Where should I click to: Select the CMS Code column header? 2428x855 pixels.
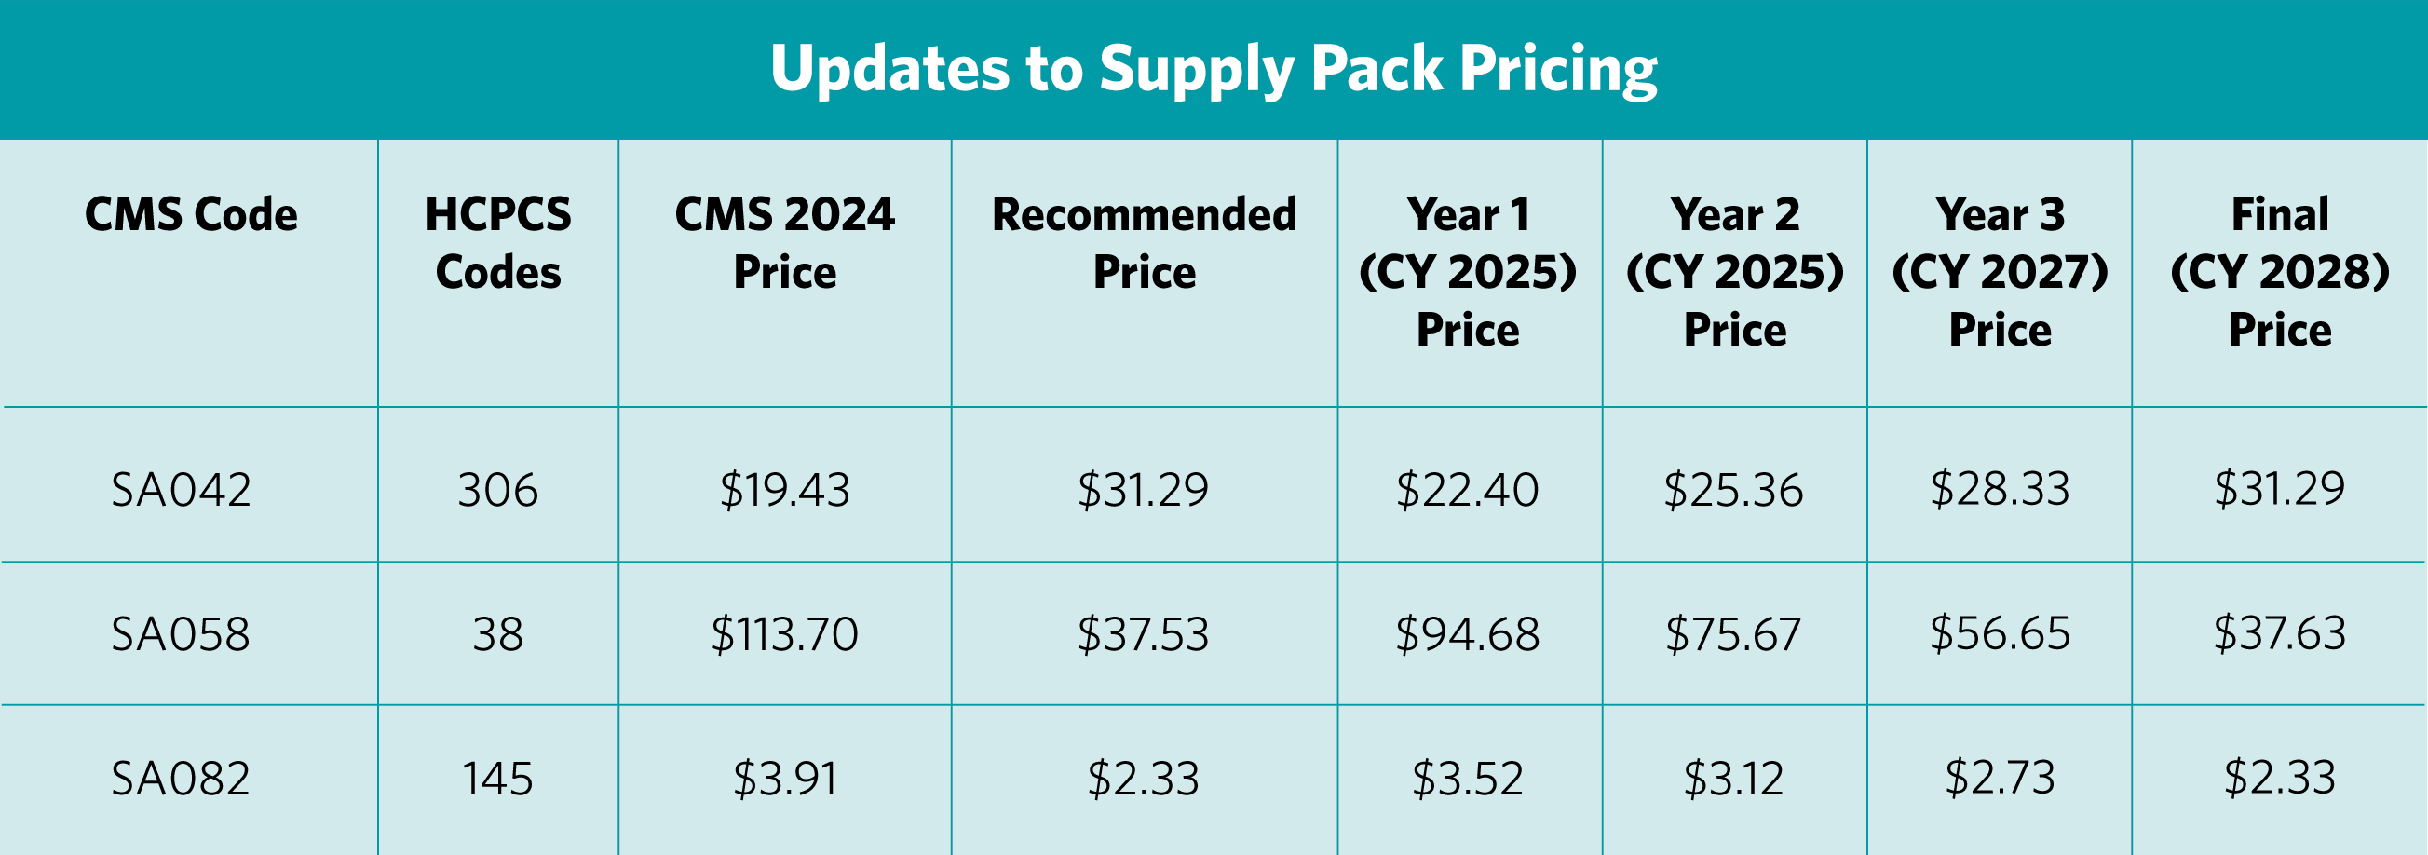(191, 215)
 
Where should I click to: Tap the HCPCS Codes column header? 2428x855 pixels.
(497, 243)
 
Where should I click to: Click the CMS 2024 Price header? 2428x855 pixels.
(784, 243)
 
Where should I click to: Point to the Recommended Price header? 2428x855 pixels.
(1145, 243)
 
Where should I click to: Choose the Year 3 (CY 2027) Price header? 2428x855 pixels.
(2000, 271)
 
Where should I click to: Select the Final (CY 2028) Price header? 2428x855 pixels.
(2279, 271)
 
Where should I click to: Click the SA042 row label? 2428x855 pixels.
(181, 490)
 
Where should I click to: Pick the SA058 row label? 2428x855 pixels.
(181, 633)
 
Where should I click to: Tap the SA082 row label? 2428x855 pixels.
(181, 779)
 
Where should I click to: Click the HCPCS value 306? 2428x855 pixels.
(497, 490)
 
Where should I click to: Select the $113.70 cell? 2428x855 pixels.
(784, 633)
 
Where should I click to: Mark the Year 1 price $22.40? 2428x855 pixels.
(1467, 490)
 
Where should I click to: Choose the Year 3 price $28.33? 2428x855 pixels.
(2000, 488)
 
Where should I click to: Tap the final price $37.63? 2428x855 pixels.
(2279, 632)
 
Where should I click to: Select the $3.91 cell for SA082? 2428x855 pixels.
(784, 779)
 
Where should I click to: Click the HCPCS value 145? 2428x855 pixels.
(497, 779)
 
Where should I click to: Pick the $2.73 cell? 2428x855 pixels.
(2000, 778)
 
